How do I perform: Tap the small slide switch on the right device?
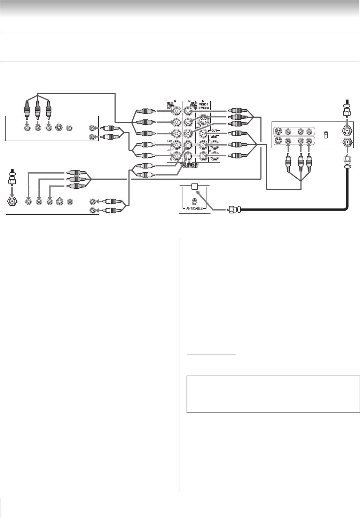coord(326,135)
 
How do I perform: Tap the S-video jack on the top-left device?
coord(59,128)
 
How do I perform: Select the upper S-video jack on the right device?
coord(278,132)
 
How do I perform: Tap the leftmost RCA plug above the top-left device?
coord(27,111)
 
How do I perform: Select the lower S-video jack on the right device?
coord(278,141)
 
